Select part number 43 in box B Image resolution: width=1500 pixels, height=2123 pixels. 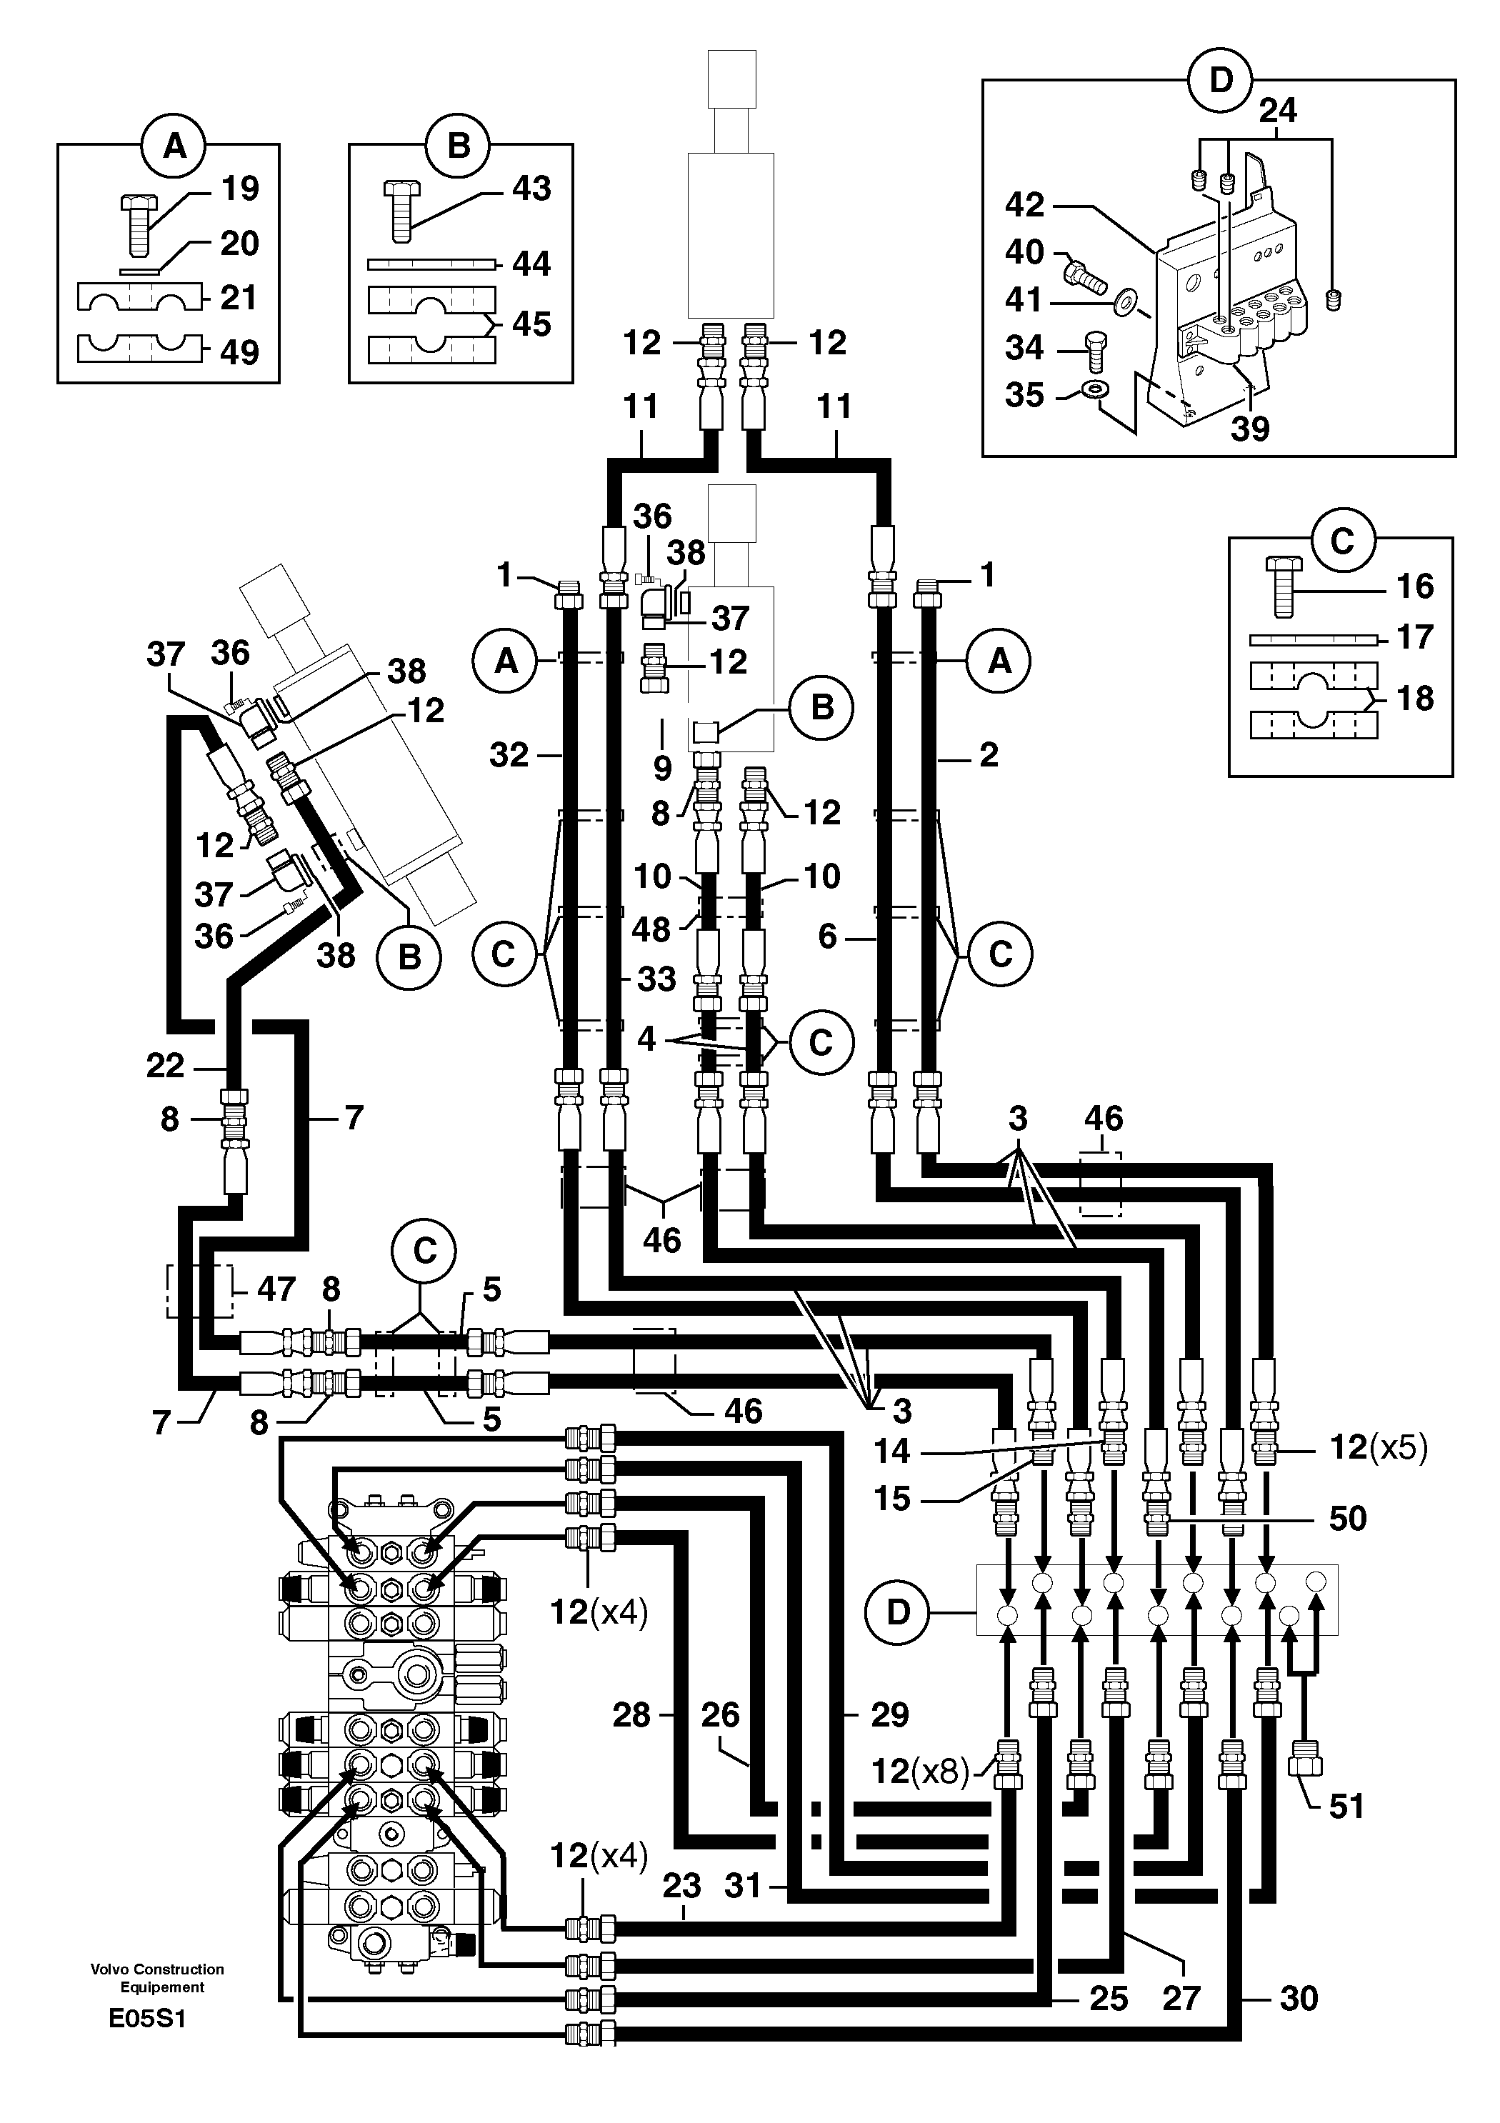tap(531, 189)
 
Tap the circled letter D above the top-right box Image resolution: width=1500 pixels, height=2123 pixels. tap(1221, 81)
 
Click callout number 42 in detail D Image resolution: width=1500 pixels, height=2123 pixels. tap(1025, 204)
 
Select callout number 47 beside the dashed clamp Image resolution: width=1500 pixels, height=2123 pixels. tap(276, 1288)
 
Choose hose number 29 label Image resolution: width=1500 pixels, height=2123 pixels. tap(889, 1714)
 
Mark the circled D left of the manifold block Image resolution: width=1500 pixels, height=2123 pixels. tap(898, 1612)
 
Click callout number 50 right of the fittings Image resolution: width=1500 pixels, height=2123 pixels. tap(1346, 1518)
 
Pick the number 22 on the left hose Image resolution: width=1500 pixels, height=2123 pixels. tap(166, 1065)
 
